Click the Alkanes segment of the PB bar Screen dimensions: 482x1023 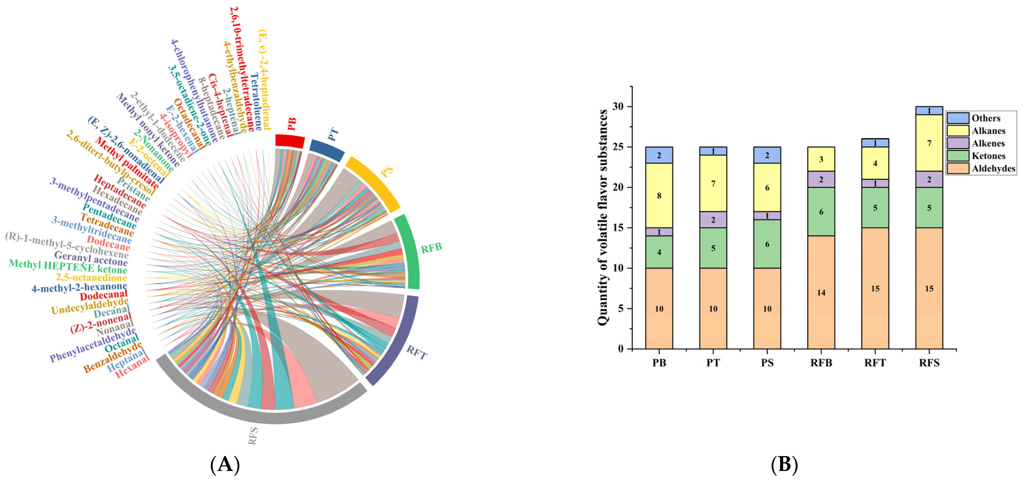(x=659, y=196)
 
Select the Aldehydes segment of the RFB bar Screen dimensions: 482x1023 (x=821, y=292)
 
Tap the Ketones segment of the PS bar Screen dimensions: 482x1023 (x=767, y=244)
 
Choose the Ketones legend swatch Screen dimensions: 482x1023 (x=958, y=156)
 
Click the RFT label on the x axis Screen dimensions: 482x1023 (x=875, y=363)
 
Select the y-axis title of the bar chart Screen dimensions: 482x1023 (x=603, y=217)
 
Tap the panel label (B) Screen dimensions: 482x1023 (x=784, y=464)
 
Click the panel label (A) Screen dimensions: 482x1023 (x=225, y=464)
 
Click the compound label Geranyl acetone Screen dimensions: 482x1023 (x=91, y=259)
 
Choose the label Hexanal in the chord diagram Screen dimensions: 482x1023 (x=132, y=366)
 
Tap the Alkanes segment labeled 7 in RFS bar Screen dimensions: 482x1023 (x=929, y=143)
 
